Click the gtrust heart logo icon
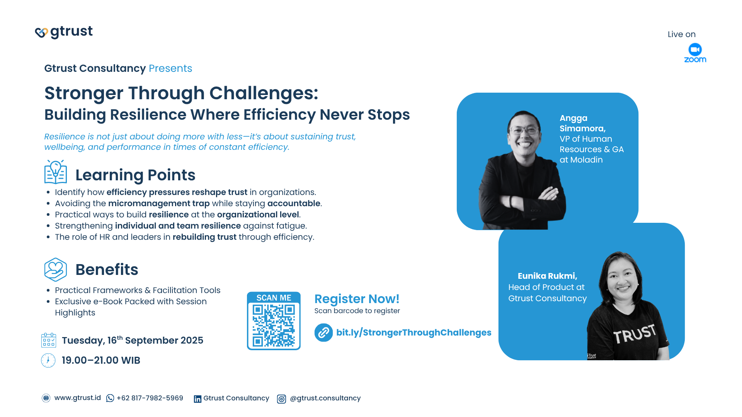coord(41,33)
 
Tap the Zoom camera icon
coord(695,49)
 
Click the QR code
coord(274,325)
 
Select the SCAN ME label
coord(274,298)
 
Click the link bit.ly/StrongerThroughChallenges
coord(414,332)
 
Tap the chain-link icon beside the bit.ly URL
coord(323,332)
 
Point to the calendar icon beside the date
coord(49,340)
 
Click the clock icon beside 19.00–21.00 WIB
coord(48,360)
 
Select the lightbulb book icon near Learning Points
coord(56,172)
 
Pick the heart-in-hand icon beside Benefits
coord(56,270)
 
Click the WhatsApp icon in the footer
coord(110,398)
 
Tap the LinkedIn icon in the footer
coord(197,399)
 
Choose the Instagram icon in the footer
coord(281,399)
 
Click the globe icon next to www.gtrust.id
coord(46,398)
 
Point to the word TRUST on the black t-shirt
coord(635,334)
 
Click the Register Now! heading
coord(357,299)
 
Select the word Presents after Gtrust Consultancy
coord(170,68)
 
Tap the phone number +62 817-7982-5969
coord(150,398)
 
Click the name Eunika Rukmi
coord(547,276)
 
